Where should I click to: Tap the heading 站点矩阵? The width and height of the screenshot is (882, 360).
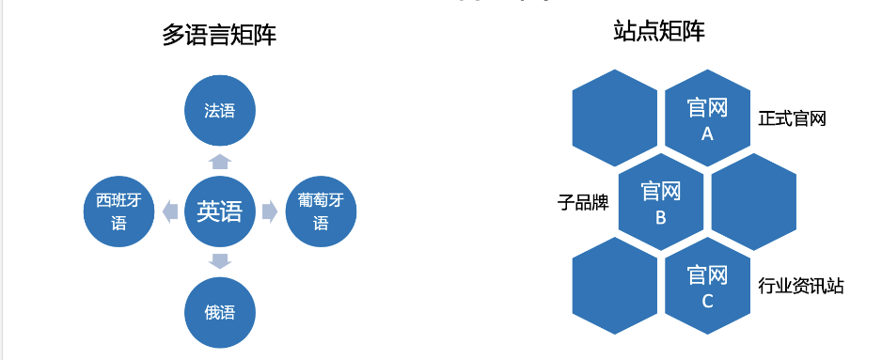tap(657, 32)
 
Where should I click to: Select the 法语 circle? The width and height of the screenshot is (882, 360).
tap(219, 111)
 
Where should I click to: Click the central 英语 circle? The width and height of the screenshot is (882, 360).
tap(219, 211)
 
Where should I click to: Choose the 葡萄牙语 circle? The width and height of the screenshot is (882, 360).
tap(321, 211)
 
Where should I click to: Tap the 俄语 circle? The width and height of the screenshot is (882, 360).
tap(219, 312)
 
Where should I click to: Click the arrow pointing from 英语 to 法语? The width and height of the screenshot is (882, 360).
tap(219, 161)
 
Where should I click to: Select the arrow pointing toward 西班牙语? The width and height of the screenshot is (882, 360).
tap(170, 211)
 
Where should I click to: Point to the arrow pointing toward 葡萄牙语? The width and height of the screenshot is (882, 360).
tap(269, 211)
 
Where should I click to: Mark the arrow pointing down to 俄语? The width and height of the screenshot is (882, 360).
tap(219, 261)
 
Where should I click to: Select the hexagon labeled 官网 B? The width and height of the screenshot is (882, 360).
tap(661, 204)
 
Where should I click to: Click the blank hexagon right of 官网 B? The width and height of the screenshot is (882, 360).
tap(754, 204)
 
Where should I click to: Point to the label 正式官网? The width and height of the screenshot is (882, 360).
tap(792, 119)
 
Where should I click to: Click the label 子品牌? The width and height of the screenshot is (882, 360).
tap(583, 202)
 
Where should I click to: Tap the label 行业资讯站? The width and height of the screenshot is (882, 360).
tap(800, 286)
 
